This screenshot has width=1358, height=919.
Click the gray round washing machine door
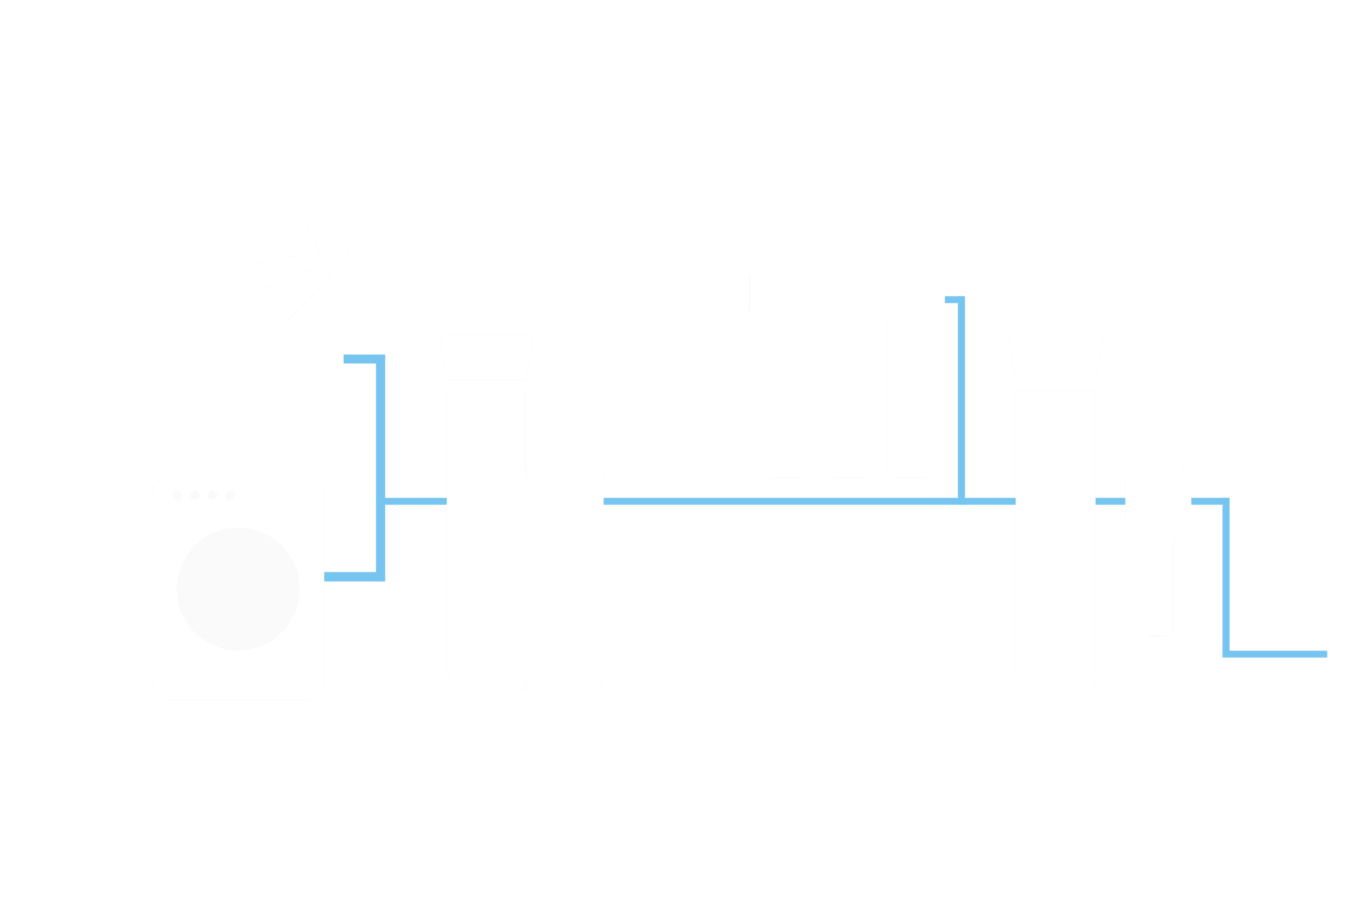pos(238,589)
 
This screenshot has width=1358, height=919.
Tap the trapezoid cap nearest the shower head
pos(487,356)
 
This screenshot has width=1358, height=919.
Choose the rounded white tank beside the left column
pos(564,575)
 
